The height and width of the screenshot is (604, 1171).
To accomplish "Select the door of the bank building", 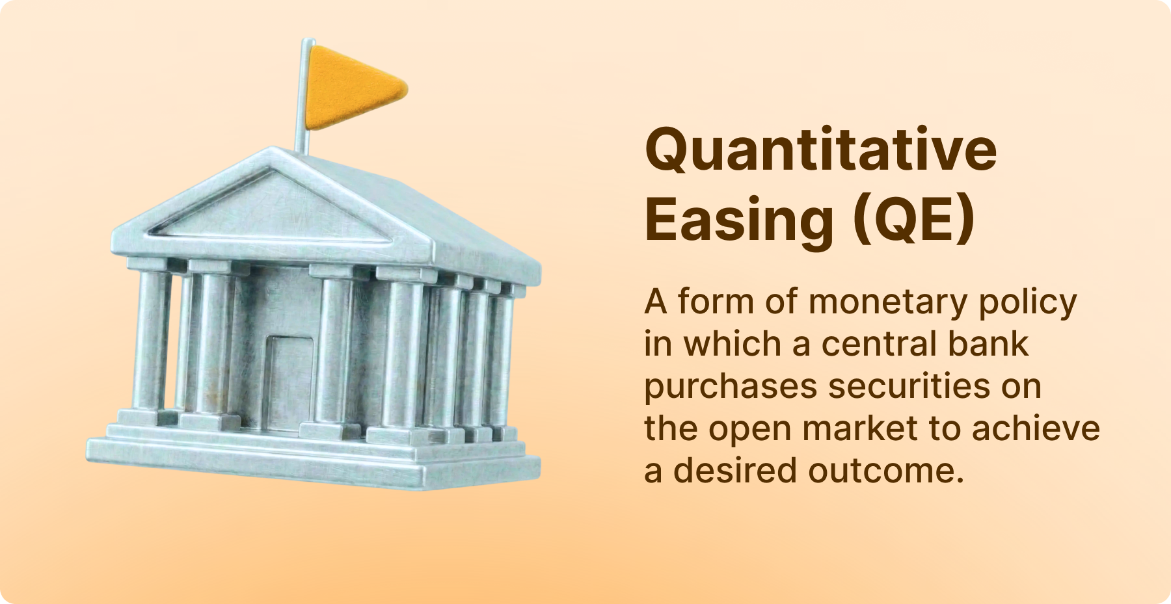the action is (291, 382).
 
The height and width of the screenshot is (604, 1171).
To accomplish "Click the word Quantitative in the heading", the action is (820, 151).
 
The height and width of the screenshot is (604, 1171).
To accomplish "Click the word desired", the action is (735, 470).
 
